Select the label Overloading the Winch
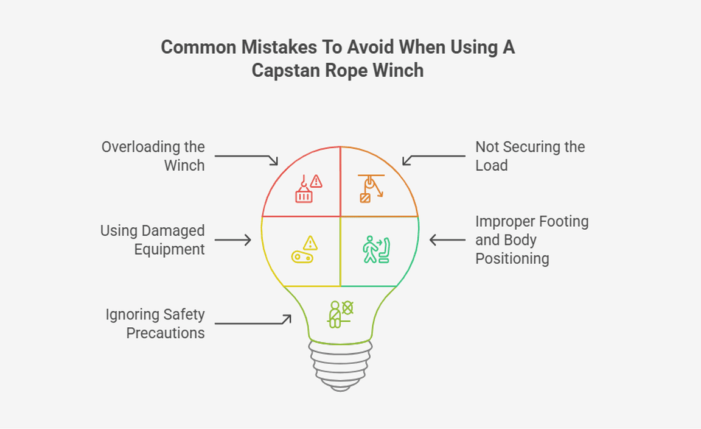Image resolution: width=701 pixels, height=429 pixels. tap(153, 156)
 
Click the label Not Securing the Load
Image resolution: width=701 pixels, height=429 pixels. tap(529, 156)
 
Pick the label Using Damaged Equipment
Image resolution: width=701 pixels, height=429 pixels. tap(153, 240)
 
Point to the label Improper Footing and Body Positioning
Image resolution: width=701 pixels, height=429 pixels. tap(531, 240)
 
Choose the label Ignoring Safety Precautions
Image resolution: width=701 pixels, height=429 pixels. tap(155, 324)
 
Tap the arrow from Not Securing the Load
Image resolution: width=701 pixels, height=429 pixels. tap(433, 158)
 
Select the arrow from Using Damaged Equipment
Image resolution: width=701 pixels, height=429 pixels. tap(233, 240)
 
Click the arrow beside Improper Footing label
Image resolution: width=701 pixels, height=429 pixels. tap(447, 240)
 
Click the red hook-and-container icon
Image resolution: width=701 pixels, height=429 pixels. tap(304, 190)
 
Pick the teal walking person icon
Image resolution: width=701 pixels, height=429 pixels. tap(370, 250)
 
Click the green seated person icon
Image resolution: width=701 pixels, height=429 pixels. tap(335, 314)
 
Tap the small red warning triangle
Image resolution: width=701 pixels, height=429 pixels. tap(316, 181)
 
